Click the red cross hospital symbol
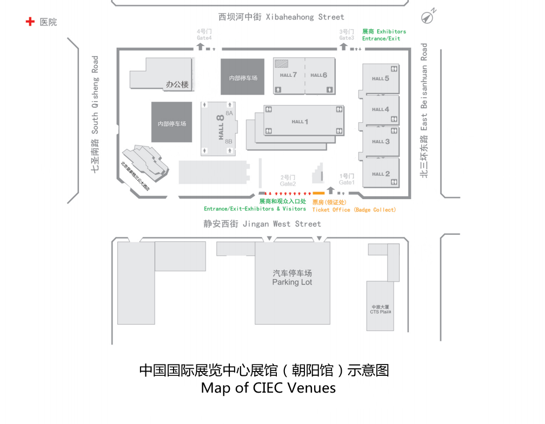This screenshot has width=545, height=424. coord(30,22)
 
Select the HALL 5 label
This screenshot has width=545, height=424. coord(381,78)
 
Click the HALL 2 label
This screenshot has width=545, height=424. coord(381,174)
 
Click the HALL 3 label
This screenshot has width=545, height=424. coord(381,142)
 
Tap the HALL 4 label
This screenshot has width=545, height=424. coord(381,109)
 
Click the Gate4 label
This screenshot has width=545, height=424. coord(204,38)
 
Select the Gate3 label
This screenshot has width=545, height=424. coord(347,38)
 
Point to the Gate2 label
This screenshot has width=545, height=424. coord(288,184)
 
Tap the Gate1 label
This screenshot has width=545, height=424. coord(347,183)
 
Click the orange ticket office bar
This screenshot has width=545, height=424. coord(318,193)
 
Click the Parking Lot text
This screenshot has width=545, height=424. coord(292,282)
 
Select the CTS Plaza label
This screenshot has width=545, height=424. coord(381,312)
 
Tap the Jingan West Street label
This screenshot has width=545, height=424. coord(263,223)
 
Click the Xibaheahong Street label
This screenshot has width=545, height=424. coord(281,17)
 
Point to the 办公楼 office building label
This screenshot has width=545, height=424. coord(177,84)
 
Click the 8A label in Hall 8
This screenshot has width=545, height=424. coord(229,113)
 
